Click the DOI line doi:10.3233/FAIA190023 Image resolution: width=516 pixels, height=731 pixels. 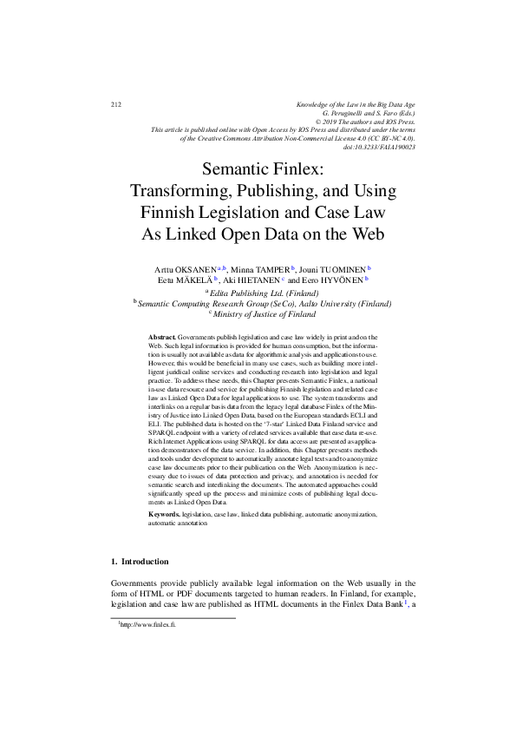tap(380, 148)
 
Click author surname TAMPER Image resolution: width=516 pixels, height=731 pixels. tap(269, 270)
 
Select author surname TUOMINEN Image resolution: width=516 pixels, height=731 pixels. tap(340, 270)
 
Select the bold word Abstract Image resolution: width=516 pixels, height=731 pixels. tap(162, 335)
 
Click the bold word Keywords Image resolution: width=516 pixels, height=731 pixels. tap(164, 515)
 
